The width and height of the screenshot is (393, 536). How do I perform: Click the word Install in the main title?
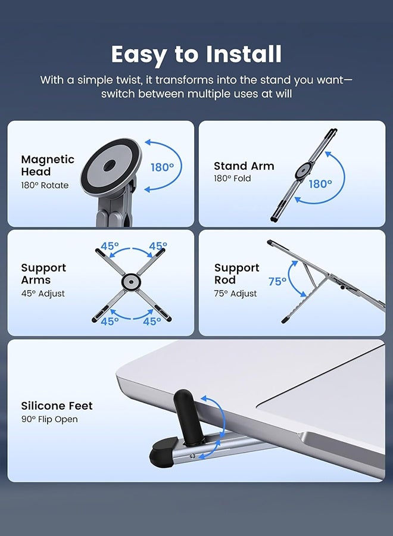tap(244, 54)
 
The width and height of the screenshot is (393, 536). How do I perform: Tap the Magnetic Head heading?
tap(48, 166)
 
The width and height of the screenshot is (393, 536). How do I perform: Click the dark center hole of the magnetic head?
tap(110, 166)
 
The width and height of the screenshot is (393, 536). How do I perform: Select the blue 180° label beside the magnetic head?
tap(163, 167)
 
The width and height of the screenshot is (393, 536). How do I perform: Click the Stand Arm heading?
tap(244, 166)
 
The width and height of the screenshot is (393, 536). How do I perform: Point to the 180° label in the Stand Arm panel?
tap(320, 184)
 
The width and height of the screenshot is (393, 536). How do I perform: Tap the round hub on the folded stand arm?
tap(303, 170)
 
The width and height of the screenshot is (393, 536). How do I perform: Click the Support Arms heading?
tap(43, 274)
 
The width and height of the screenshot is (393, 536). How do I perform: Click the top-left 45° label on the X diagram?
tap(110, 246)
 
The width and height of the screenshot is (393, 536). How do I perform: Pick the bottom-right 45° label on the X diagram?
tap(152, 322)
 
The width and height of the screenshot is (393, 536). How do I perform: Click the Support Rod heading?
tap(237, 274)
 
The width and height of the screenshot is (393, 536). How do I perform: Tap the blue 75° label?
tap(277, 282)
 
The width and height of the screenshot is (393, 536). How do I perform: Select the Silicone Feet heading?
tap(57, 406)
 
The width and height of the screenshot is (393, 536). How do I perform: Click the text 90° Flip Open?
tap(49, 419)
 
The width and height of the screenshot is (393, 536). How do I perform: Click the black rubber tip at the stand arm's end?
tap(161, 453)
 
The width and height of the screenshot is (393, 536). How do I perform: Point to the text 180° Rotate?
tap(45, 185)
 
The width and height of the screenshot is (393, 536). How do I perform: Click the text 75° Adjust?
tap(235, 294)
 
